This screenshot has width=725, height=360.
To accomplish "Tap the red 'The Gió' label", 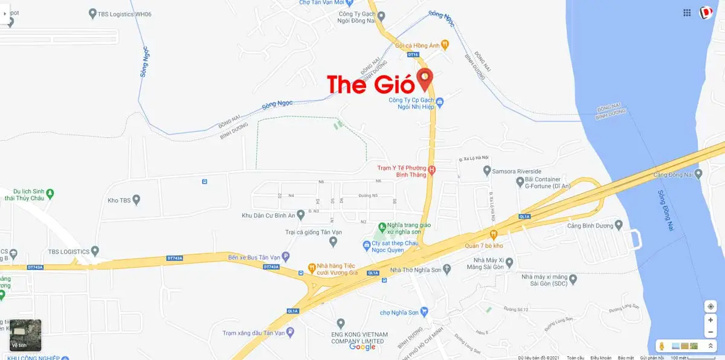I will pos(371,84).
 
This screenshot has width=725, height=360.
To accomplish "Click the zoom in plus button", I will pos(710,320).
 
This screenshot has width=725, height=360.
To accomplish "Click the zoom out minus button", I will pos(710,333).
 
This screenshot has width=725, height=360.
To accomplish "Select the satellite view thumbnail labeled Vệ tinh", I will pos(25,335).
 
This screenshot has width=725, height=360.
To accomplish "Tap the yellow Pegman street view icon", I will pos(662,346).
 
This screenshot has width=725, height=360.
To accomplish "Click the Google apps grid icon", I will pos(687,13).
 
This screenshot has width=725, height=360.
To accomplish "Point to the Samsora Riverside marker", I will pos(487,172).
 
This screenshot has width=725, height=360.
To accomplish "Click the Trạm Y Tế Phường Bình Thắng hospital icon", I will pos(432,171).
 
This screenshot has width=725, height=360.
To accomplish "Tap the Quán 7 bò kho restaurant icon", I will pos(494,234).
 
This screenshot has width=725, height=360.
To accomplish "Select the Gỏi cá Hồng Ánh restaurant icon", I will pos(445,43).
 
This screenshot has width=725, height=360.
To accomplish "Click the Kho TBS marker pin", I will pos(137,199).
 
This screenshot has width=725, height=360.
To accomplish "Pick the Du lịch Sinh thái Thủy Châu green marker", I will pos(51,193).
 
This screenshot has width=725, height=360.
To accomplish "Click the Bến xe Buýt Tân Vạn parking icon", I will pos(286,257).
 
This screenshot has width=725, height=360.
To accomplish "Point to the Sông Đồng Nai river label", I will pos(666,210).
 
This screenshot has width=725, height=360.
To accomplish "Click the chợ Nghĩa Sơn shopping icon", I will pos(424,312).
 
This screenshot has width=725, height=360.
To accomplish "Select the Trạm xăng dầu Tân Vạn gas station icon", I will pos(291,332).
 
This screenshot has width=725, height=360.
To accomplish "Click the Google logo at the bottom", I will pos(362,347).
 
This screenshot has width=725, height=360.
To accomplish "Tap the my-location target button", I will pos(710,306).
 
